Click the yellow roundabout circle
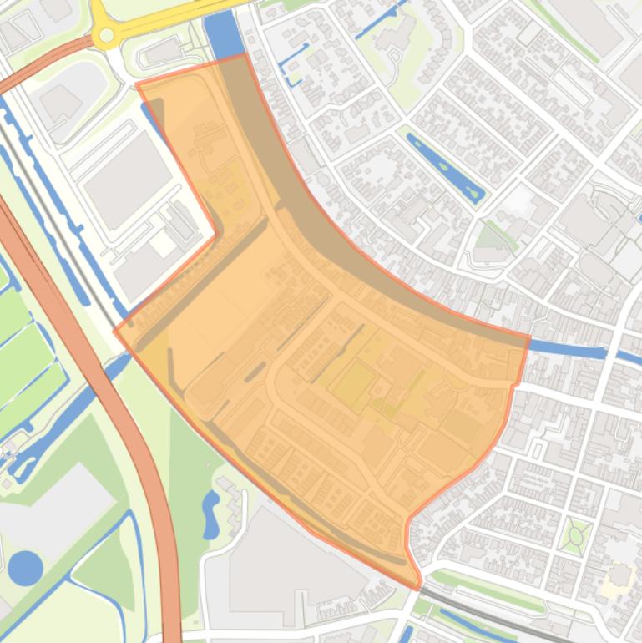coord(107,35)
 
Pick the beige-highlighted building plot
coord(619,576)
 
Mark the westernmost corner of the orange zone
coord(115,330)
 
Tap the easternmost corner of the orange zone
coord(529,337)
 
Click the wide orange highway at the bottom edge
coord(170,610)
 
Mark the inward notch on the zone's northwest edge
coord(218,235)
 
